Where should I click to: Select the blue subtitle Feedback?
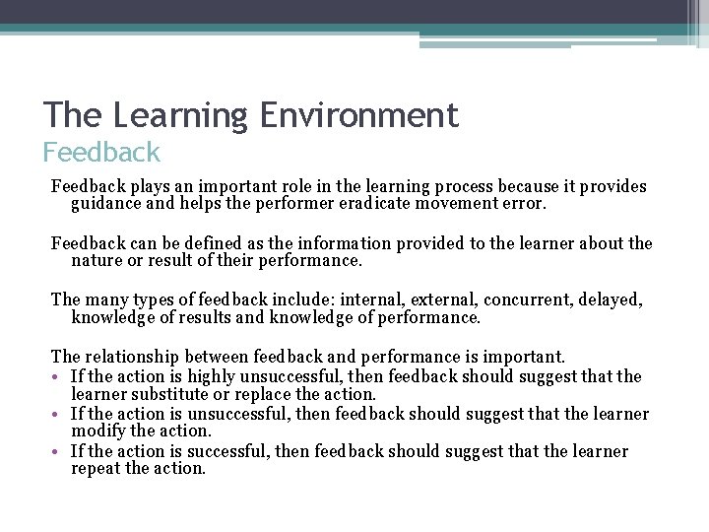pos(100,153)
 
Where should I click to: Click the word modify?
pos(98,431)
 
